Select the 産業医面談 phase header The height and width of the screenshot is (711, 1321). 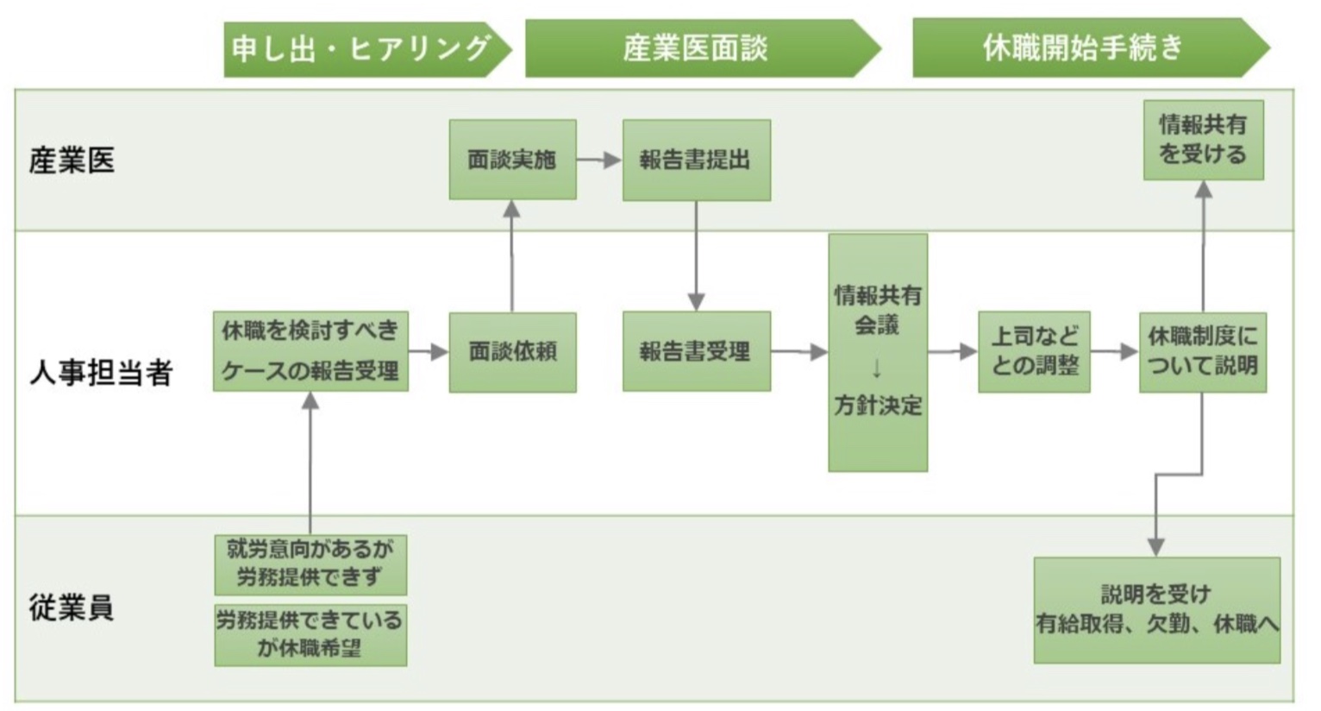coord(697,48)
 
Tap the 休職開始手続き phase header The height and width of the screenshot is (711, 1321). coord(1085,47)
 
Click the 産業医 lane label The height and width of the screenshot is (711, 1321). coord(72,160)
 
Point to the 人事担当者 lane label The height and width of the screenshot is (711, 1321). coord(101,373)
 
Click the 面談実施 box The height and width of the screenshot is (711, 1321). coord(512,160)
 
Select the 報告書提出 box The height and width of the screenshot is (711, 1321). coord(696,160)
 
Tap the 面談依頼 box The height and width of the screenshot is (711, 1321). coord(512,352)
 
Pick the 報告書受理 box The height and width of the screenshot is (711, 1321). coord(696,351)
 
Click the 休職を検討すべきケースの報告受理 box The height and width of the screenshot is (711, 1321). coord(310,351)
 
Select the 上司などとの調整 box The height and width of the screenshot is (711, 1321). coord(1034,351)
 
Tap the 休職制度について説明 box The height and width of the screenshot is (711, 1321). coord(1202,351)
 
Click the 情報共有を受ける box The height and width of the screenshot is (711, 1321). coord(1203,140)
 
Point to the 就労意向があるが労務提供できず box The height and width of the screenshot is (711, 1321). coord(310,563)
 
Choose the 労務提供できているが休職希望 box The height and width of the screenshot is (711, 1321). coord(310,634)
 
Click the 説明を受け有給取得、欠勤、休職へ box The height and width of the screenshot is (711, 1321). coord(1156,609)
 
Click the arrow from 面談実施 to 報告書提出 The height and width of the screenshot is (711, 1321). coord(599,160)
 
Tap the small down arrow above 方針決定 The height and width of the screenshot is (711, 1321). coord(877,368)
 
